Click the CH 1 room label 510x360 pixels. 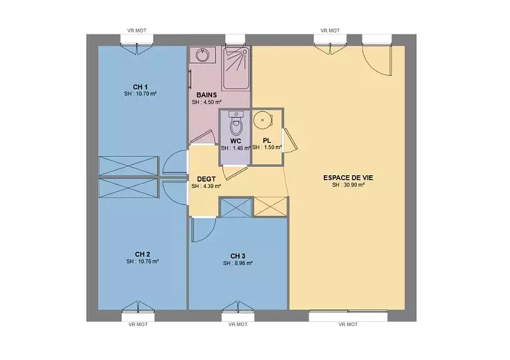140,87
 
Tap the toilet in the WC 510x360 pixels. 236,123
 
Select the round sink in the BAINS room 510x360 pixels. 203,55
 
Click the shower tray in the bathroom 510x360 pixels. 237,68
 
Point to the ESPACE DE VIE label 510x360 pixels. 348,178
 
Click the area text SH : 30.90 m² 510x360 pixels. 348,185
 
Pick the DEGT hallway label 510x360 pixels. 206,179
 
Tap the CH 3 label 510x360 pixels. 238,256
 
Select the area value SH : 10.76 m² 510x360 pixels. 142,261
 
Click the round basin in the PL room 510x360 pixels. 263,120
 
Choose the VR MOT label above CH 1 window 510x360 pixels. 136,31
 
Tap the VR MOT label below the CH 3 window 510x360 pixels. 238,324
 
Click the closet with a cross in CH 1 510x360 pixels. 128,166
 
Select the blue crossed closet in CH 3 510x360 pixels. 237,208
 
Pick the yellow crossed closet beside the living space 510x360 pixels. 270,206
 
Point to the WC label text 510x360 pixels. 236,141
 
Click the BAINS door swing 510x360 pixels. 203,137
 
